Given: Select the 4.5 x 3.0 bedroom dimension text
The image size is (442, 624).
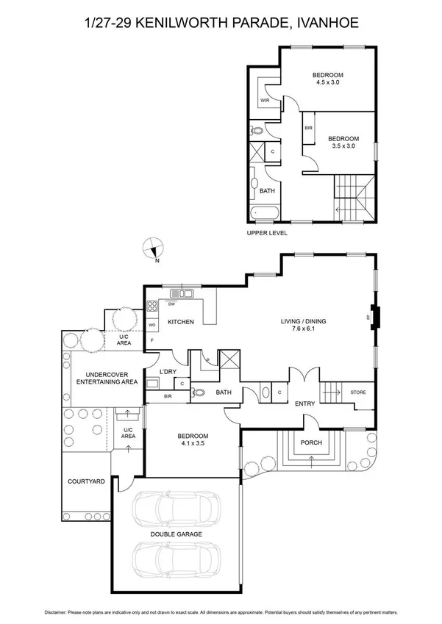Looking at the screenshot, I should (x=327, y=83).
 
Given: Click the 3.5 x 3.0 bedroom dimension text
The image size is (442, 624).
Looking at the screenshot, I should (x=343, y=146).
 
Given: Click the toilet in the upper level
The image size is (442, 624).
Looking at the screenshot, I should (x=257, y=131).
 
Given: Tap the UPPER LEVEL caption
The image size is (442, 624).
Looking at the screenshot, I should (x=267, y=233).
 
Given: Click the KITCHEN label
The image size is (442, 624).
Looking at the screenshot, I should (x=180, y=322).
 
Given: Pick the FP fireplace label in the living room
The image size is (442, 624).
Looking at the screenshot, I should (x=367, y=317).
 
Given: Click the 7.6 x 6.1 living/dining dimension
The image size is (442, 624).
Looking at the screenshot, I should (x=304, y=329).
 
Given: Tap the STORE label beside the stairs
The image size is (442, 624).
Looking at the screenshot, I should (x=358, y=392).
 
